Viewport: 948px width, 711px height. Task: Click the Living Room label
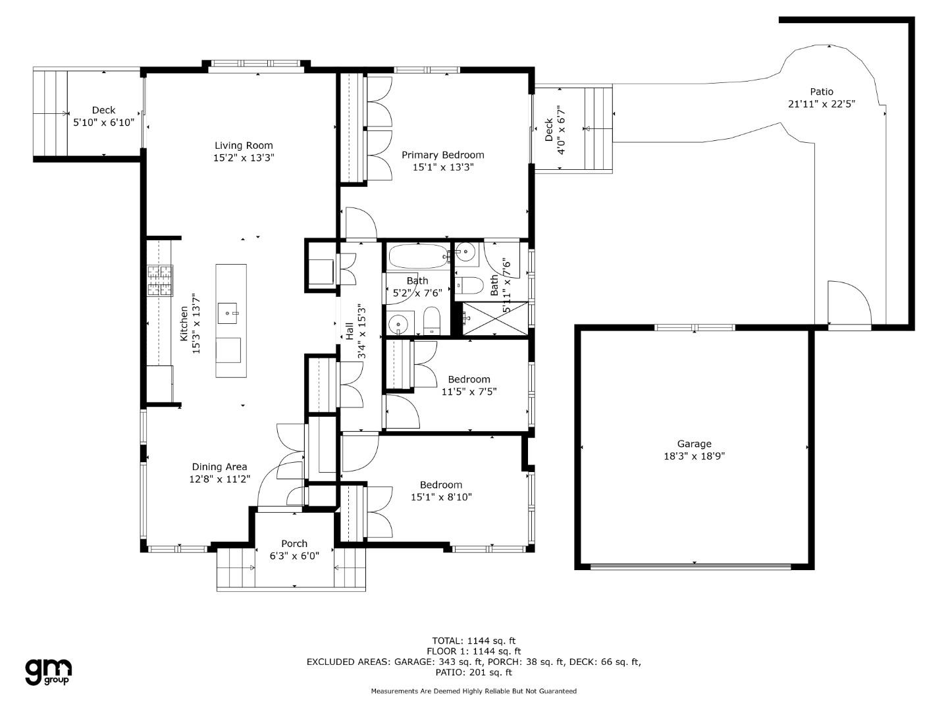click(x=244, y=145)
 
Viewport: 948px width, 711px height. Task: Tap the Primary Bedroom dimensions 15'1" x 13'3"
click(x=443, y=167)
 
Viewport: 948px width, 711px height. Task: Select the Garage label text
click(x=694, y=443)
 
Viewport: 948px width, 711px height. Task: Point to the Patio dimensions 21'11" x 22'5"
click(x=822, y=103)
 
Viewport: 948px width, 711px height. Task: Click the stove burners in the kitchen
click(x=160, y=280)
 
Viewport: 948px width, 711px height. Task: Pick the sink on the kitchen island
click(x=228, y=313)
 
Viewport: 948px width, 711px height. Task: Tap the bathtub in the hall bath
click(x=418, y=257)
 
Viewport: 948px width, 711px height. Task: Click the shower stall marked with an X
click(x=495, y=319)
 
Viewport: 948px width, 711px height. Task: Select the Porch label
click(x=294, y=544)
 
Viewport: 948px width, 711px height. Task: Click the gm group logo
click(x=48, y=672)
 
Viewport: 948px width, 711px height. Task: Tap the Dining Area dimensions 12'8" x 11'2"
click(x=220, y=479)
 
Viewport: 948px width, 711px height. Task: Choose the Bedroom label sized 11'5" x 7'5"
click(x=469, y=379)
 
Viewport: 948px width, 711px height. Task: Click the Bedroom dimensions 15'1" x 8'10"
click(x=441, y=497)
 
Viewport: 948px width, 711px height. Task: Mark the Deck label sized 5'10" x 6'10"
click(x=103, y=110)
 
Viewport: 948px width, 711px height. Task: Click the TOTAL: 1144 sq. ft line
click(x=474, y=641)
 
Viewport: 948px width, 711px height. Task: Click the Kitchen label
click(x=184, y=323)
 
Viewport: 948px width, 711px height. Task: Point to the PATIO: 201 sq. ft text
click(x=473, y=672)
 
